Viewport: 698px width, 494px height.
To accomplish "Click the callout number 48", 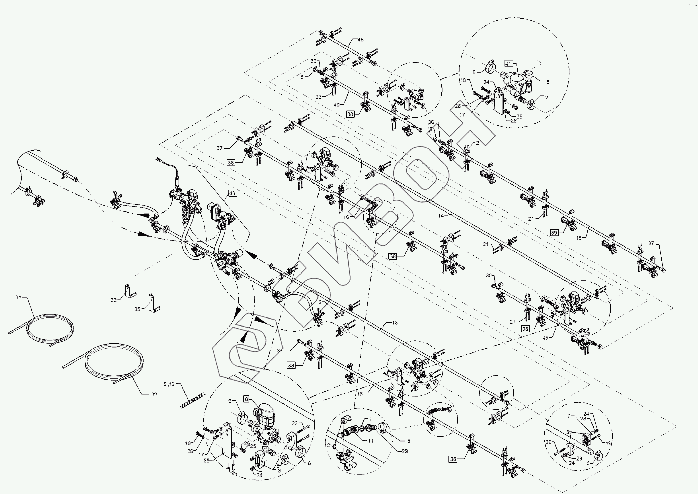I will (x=360, y=40).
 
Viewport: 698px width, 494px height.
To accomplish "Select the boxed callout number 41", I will (x=508, y=64).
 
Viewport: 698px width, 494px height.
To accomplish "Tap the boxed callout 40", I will (x=232, y=193).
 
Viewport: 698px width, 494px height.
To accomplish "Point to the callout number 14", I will (x=441, y=216).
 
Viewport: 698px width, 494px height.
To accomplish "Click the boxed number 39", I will (x=554, y=233).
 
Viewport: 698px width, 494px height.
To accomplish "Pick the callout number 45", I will (x=545, y=338).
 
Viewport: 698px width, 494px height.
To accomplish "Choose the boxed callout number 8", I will (x=246, y=399).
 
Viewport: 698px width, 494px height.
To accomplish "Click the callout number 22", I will (x=294, y=424).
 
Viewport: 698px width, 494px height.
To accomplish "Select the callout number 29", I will (x=404, y=451).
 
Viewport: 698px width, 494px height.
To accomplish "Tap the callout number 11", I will (x=371, y=440).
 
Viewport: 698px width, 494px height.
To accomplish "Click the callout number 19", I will (x=608, y=443).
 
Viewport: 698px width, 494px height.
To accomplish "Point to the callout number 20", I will (x=548, y=442).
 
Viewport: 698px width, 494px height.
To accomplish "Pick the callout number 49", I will (x=337, y=105).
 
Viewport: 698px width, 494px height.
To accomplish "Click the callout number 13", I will (x=395, y=323).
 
